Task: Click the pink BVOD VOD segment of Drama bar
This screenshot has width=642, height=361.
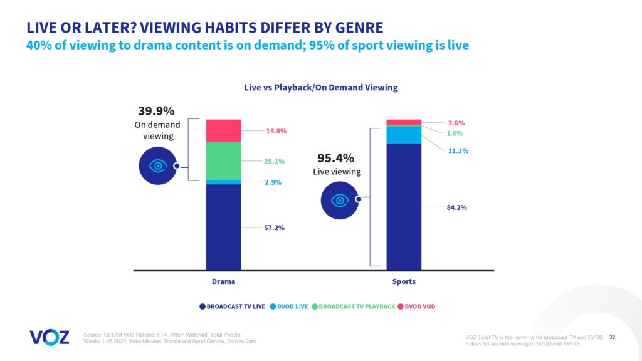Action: point(223,130)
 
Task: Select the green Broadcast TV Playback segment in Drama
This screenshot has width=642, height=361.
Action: point(223,160)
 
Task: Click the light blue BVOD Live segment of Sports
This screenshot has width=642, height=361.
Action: point(404,135)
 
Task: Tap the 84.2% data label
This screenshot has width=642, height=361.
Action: point(456,207)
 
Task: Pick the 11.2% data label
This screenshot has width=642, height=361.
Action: point(458,150)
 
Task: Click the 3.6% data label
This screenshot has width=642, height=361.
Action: point(455,123)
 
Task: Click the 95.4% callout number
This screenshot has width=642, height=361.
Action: point(336,158)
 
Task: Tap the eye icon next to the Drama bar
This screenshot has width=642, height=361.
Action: point(157,166)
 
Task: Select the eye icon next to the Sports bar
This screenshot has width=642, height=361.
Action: point(340,200)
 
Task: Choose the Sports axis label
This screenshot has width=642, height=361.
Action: point(404,281)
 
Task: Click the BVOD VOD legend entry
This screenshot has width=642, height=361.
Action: point(418,306)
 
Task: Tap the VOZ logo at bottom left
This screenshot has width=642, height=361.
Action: point(50,337)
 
